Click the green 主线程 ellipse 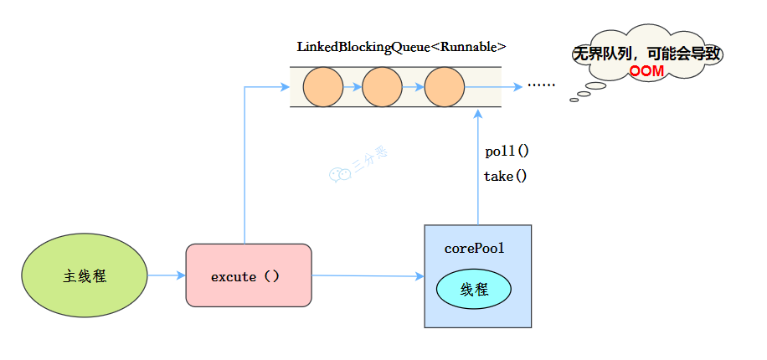tap(85, 275)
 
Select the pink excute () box tap(248, 275)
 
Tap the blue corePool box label tap(475, 249)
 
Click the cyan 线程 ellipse tap(474, 289)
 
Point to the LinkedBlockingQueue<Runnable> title tap(401, 47)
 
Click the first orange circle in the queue tap(323, 87)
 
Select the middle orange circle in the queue tap(383, 87)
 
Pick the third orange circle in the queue tap(444, 87)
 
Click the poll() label tap(507, 152)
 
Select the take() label tap(505, 176)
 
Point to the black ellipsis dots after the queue tap(541, 86)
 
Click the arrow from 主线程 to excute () tap(167, 275)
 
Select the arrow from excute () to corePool tap(368, 275)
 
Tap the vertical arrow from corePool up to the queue tap(477, 167)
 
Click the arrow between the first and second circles tap(353, 87)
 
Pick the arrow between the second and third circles tap(413, 87)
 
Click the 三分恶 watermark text tap(369, 162)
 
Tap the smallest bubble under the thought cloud tap(574, 100)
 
